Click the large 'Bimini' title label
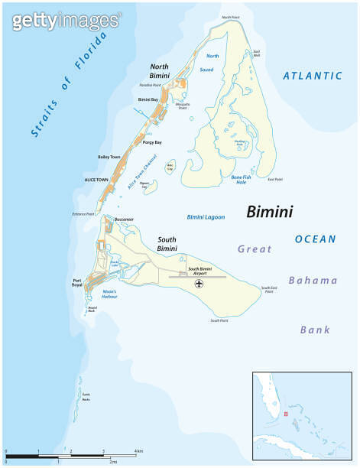pyautogui.click(x=272, y=212)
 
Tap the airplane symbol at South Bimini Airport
pyautogui.click(x=200, y=284)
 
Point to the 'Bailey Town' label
pyautogui.click(x=109, y=157)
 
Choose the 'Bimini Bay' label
pyautogui.click(x=148, y=100)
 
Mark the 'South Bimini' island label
pyautogui.click(x=167, y=244)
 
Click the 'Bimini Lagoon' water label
pyautogui.click(x=206, y=217)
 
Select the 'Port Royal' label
pyautogui.click(x=77, y=283)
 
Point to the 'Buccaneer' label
pyautogui.click(x=124, y=219)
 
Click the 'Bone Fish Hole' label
pyautogui.click(x=242, y=180)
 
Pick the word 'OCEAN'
pyautogui.click(x=316, y=239)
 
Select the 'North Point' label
pyautogui.click(x=230, y=17)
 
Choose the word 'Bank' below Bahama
pyautogui.click(x=315, y=330)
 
